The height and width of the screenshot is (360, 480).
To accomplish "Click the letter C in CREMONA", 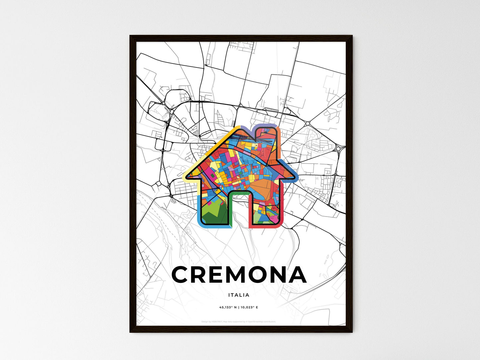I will tap(181, 275).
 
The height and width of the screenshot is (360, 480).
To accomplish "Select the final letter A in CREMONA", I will tap(296, 275).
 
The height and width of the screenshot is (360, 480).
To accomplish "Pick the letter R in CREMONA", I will tap(199, 275).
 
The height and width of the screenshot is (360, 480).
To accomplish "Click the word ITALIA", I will tap(239, 295).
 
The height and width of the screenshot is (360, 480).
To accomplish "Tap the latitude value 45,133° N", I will tap(228, 308).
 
